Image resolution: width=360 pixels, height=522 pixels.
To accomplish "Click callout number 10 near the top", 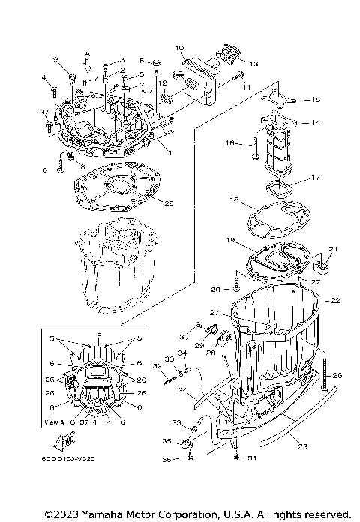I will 179,49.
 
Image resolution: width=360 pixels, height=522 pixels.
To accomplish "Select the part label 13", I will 251,64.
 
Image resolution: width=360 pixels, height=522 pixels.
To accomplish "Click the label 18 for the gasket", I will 234,201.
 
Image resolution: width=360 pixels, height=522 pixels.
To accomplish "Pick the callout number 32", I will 157,366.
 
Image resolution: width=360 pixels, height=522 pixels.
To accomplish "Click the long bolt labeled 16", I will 255,145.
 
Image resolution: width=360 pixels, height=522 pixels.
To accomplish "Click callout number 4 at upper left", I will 43,77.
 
